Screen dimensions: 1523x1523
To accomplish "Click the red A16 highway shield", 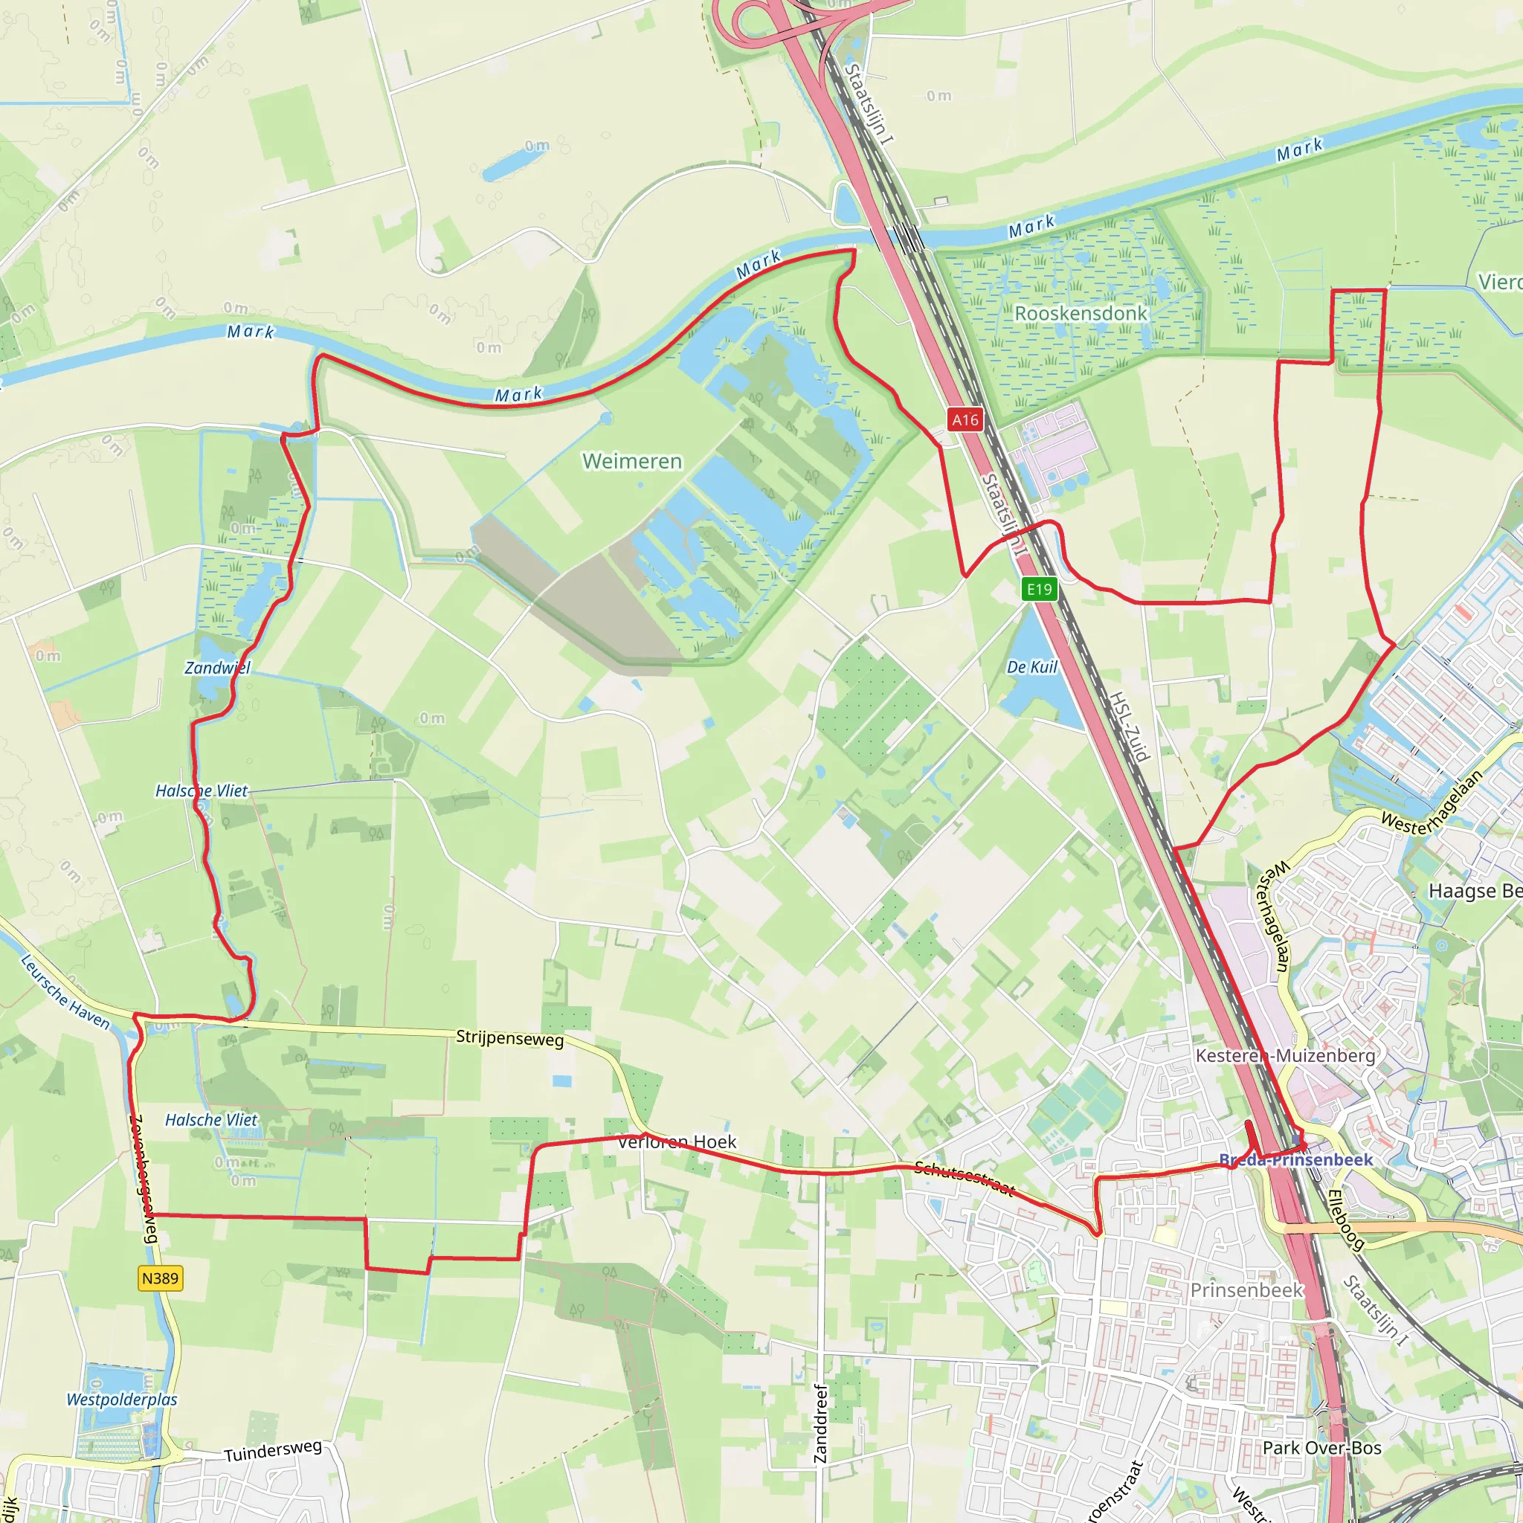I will [965, 419].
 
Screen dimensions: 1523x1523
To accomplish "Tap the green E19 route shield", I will [1039, 589].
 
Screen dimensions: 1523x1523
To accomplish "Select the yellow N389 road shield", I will [161, 1278].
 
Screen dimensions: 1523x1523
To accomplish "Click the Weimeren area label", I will [632, 461].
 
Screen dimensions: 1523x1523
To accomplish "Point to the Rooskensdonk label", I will [1081, 314].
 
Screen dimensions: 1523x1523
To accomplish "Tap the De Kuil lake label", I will [1032, 667].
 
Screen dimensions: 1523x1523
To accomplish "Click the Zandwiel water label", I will [218, 668].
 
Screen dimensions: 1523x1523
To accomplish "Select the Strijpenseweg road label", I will [510, 1038].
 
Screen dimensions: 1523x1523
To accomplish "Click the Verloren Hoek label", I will [677, 1142].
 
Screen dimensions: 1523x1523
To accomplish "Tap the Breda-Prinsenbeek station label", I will [1296, 1159].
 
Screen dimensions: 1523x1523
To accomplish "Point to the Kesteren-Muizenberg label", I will [1285, 1055].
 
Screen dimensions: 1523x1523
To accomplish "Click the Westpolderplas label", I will [122, 1400].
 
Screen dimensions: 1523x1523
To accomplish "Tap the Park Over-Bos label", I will [1322, 1448].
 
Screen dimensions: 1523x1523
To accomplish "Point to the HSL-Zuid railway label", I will [1130, 726].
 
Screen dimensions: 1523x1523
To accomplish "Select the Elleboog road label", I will [1345, 1220].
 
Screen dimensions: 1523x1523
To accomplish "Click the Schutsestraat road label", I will [965, 1179].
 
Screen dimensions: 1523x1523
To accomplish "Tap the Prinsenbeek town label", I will [1246, 1290].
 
